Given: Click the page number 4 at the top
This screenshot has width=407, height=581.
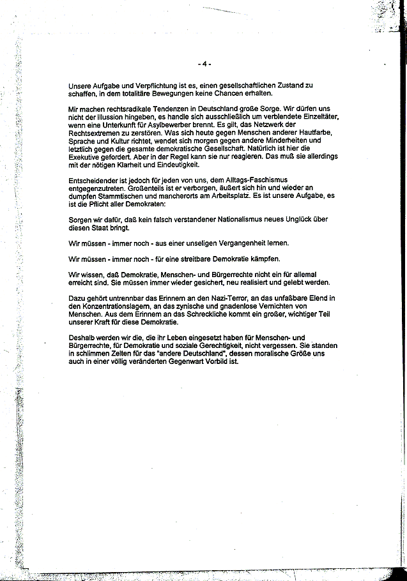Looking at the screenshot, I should tap(204, 63).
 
